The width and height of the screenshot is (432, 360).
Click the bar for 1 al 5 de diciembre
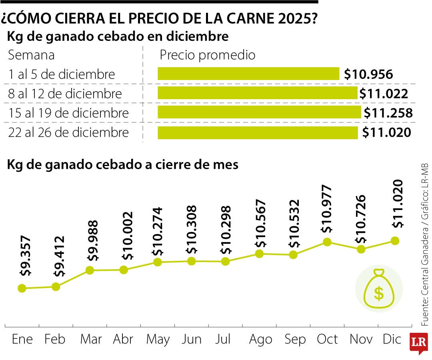pos(248,74)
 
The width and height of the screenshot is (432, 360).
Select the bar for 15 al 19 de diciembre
pos(259,112)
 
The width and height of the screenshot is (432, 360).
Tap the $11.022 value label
pos(384,94)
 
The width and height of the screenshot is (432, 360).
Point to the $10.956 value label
pos(368,74)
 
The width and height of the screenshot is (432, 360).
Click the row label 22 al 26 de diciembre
pos(68,132)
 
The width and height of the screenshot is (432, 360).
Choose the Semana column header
pos(31,55)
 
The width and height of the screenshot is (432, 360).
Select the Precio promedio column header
pos(207,55)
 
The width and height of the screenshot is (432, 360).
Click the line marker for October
pos(327,242)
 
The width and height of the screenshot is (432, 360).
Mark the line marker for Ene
pos(22,288)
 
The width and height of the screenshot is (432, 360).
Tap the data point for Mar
pos(90,270)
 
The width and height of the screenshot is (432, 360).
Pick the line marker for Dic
pos(395,240)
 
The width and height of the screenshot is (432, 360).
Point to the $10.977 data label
pos(327,209)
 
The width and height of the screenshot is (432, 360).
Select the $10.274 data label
pos(158,232)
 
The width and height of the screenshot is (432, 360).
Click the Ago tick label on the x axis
pos(260,340)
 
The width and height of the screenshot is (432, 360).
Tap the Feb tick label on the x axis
pos(55,340)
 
